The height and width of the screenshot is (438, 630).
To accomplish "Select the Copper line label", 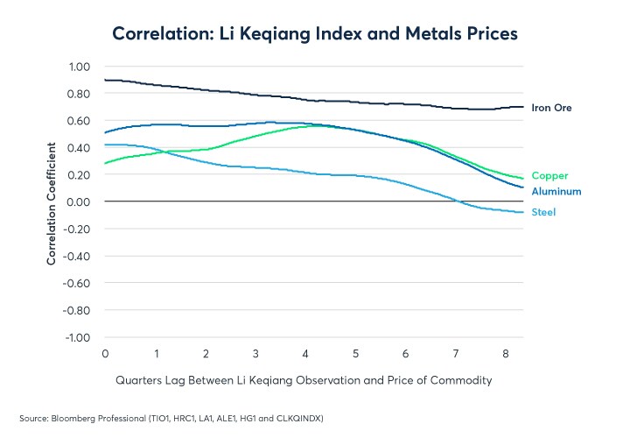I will tap(549, 176).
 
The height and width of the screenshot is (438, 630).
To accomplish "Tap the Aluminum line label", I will tap(556, 191).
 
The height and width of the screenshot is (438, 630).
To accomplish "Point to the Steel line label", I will tap(543, 212).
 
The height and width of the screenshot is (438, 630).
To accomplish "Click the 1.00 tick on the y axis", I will tap(79, 67).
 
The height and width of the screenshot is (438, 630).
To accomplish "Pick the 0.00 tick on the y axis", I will tap(79, 202).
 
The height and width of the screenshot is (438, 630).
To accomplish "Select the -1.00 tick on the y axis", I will tap(77, 337).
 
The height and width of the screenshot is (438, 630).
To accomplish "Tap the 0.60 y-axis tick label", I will tap(79, 121).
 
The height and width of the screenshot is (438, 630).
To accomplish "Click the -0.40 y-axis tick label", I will tap(77, 257).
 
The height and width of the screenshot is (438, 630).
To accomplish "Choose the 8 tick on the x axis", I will tap(507, 354).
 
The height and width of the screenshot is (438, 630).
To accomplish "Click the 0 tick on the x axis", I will tap(105, 354).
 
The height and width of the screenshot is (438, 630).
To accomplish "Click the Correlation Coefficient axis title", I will tap(52, 201).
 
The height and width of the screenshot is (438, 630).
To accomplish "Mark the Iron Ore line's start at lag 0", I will tap(105, 80).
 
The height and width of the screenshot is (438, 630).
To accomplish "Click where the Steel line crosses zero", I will tap(457, 201).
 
